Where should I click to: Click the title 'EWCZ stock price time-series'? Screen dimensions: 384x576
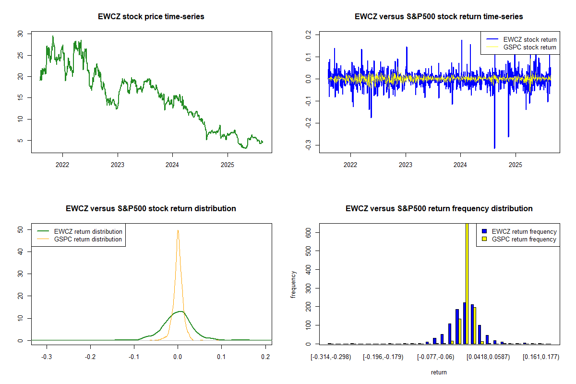(x=151, y=17)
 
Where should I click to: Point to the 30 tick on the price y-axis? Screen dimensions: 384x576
(x=20, y=34)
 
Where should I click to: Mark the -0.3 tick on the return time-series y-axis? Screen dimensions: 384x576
(x=308, y=145)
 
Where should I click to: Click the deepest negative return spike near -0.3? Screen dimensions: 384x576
(x=494, y=147)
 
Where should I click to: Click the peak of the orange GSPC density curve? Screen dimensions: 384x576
(x=178, y=230)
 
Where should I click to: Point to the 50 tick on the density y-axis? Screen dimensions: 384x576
(x=20, y=229)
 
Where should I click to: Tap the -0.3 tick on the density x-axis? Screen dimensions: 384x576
(x=47, y=357)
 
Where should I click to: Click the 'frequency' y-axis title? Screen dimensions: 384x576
(x=293, y=284)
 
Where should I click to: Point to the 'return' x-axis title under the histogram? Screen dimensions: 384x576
(x=439, y=372)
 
